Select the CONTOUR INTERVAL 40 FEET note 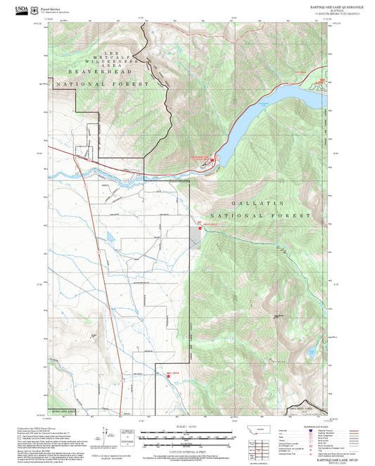click(x=187, y=449)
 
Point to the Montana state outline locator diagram click(x=264, y=429)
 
